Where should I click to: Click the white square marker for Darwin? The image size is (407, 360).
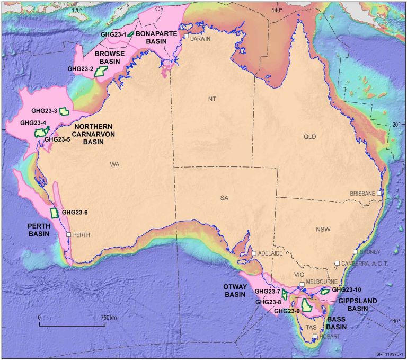tap(186, 37)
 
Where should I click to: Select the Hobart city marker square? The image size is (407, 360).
tap(315, 337)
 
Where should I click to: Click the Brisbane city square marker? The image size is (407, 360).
tap(379, 194)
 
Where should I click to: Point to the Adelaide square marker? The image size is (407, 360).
tap(254, 254)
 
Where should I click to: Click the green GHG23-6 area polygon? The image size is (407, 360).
tap(54, 213)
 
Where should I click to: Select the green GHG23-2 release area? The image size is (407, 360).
tap(99, 72)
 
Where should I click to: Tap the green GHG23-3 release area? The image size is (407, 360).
tap(64, 111)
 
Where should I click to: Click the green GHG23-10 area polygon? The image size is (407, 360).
tap(325, 291)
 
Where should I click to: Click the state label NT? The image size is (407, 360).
tap(212, 99)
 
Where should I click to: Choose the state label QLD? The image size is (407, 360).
tap(309, 136)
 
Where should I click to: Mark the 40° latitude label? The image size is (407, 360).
tap(396, 321)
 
